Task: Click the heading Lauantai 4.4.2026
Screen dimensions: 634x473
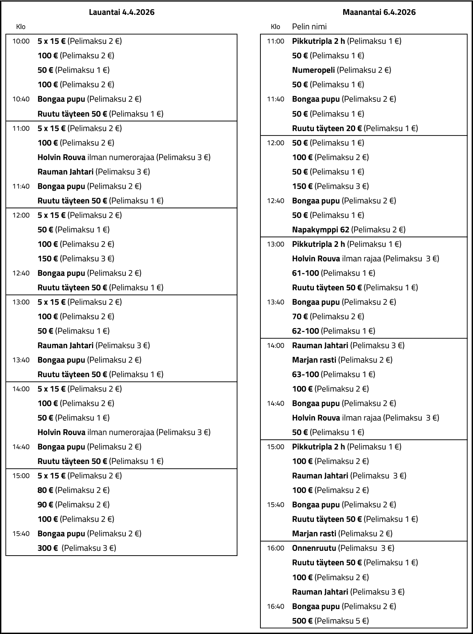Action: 121,12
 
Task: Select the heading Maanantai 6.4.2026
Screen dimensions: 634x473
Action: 379,12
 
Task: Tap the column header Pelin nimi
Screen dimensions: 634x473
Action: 309,27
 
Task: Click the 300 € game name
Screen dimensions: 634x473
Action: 47,548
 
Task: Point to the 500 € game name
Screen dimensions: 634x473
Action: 302,620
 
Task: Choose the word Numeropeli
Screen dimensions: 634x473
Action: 313,70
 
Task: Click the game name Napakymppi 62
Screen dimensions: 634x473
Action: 321,230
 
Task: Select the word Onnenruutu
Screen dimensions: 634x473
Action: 314,548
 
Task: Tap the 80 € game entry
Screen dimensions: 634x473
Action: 45,490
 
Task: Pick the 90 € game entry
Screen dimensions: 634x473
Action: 45,505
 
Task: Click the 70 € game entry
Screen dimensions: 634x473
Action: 300,316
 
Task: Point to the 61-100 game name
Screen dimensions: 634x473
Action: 305,273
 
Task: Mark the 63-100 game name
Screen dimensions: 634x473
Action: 305,374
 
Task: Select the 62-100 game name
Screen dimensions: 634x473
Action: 305,331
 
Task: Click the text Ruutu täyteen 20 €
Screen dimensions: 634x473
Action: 327,128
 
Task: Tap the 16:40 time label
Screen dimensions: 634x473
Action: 275,606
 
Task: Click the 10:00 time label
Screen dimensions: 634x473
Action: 21,41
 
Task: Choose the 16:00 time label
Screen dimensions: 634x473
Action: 275,548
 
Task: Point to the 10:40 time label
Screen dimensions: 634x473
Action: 21,99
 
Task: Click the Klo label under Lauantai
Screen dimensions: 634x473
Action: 20,27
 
